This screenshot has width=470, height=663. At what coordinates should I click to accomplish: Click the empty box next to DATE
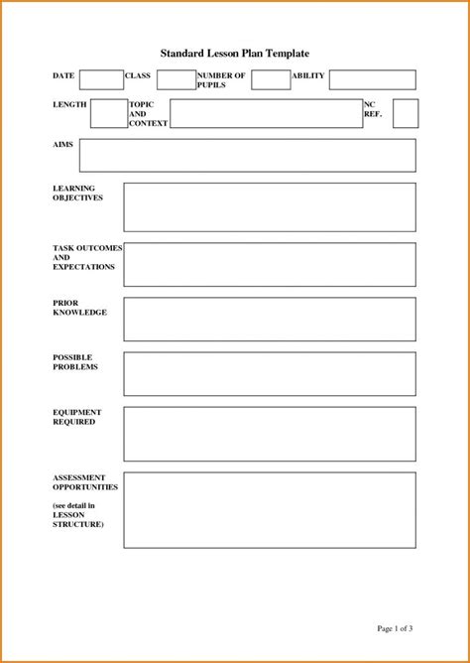pos(101,80)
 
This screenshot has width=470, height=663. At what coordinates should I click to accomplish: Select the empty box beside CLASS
pos(175,80)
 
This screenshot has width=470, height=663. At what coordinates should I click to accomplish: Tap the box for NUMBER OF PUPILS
pos(271,80)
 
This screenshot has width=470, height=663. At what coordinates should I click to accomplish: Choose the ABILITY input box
pos(372,80)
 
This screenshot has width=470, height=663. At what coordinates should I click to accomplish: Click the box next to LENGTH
pos(107,113)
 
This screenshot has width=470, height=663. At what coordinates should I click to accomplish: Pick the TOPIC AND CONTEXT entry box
pos(266,113)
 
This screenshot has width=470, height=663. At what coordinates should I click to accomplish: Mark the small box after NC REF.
pos(405,113)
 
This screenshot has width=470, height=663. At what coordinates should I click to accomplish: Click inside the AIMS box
pos(247,155)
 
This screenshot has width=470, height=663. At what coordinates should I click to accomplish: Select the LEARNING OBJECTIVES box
pos(269,206)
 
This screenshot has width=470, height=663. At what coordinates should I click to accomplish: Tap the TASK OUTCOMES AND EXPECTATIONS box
pos(269,264)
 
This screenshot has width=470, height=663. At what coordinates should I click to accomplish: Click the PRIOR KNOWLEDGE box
pos(269,319)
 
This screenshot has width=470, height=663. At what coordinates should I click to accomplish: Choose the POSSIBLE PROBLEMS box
pos(269,372)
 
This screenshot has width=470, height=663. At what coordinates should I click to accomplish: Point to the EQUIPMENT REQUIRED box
pos(269,434)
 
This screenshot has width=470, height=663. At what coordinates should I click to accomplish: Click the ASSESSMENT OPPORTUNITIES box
pos(269,510)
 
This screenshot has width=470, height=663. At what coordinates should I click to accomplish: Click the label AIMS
pos(61,145)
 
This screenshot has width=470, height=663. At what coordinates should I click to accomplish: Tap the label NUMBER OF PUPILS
pos(220,80)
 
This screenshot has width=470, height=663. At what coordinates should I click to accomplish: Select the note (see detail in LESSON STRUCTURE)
pos(77,514)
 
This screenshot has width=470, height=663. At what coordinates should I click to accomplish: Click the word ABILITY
pos(307,75)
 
